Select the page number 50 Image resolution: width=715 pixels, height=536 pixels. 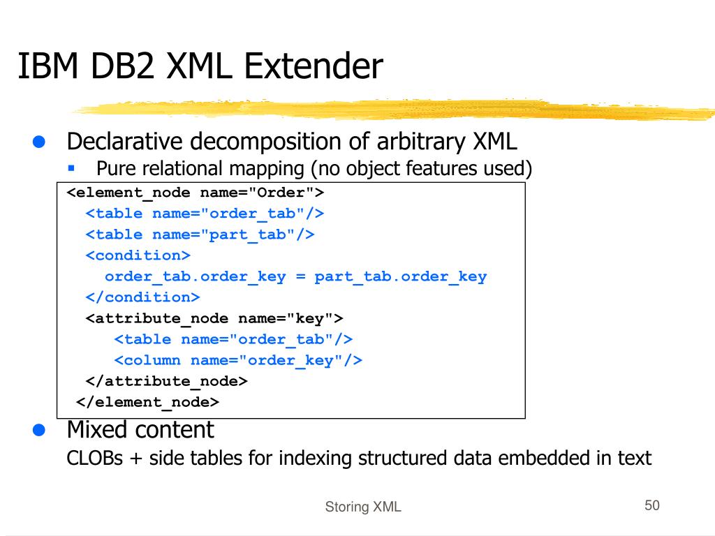click(652, 505)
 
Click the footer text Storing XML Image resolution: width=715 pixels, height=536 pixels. click(363, 507)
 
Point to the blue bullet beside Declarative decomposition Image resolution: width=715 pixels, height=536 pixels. click(40, 142)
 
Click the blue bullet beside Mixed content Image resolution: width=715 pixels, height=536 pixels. click(40, 430)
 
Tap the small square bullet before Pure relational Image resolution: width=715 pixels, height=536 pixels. click(71, 168)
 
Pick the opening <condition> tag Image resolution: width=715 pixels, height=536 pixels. click(138, 255)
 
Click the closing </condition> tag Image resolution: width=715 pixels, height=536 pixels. click(142, 297)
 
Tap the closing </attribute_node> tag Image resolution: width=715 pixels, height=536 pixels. click(166, 381)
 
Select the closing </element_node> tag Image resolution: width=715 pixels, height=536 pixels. click(147, 402)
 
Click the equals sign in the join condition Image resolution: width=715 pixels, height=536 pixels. click(300, 276)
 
